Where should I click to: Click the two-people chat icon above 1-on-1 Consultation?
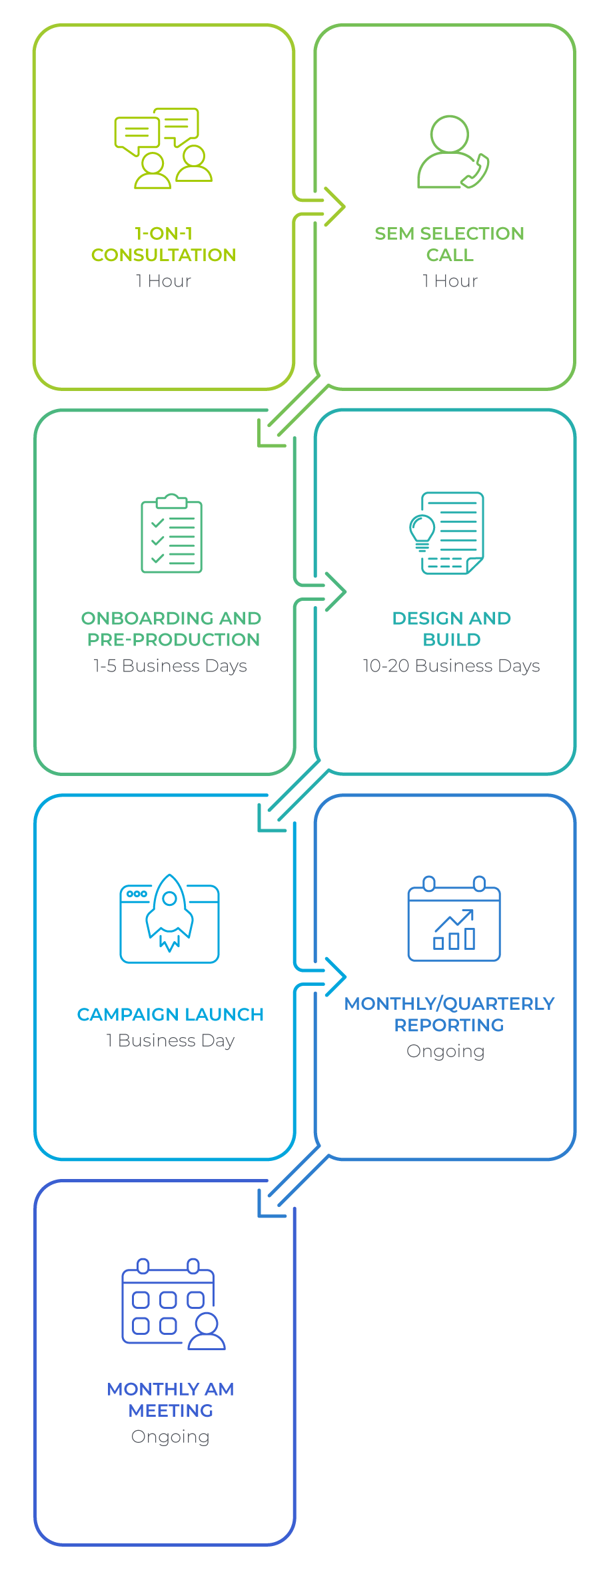pyautogui.click(x=163, y=148)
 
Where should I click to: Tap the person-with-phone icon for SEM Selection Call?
pyautogui.click(x=453, y=152)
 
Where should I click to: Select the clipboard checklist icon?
pyautogui.click(x=171, y=533)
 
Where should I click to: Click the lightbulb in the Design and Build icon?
pyautogui.click(x=422, y=532)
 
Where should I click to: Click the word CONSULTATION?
pyautogui.click(x=164, y=255)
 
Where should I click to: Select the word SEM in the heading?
pyautogui.click(x=395, y=234)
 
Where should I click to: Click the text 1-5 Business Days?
pyautogui.click(x=170, y=666)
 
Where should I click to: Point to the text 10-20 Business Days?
pyautogui.click(x=451, y=666)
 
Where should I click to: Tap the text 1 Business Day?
pyautogui.click(x=170, y=1040)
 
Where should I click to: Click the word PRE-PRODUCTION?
pyautogui.click(x=173, y=639)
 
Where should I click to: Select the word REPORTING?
pyautogui.click(x=449, y=1025)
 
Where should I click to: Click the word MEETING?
pyautogui.click(x=171, y=1411)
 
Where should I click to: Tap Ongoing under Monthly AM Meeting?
pyautogui.click(x=171, y=1437)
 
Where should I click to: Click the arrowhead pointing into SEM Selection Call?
pyautogui.click(x=335, y=207)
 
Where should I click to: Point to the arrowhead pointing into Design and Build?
pyautogui.click(x=336, y=591)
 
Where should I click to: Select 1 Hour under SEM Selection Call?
pyautogui.click(x=450, y=281)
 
